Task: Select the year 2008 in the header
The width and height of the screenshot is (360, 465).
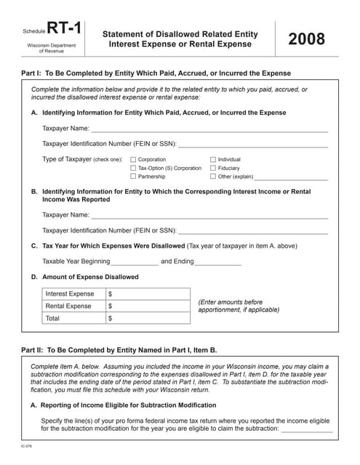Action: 306,39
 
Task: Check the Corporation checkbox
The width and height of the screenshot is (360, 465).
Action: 132,159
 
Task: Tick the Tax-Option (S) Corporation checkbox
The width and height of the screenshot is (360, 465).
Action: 132,168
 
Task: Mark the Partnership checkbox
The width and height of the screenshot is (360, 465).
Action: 132,177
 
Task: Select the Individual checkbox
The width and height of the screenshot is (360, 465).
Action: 213,159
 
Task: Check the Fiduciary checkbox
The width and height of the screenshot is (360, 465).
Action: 213,168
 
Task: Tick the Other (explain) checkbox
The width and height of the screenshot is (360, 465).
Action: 213,177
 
